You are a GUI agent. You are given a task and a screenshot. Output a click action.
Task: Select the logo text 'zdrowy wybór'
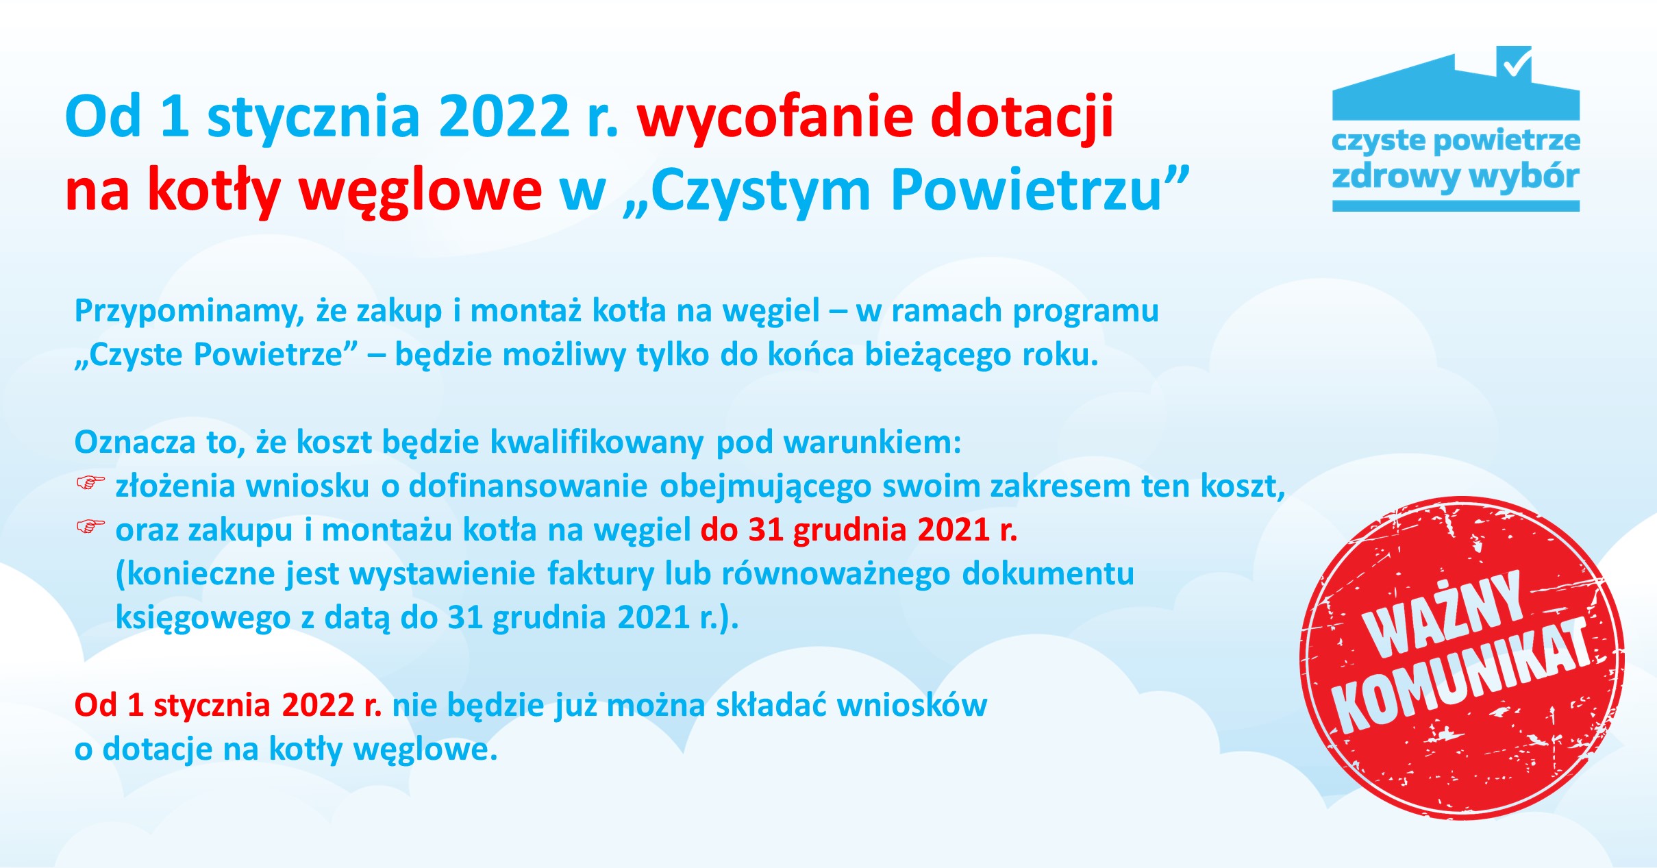[1456, 177]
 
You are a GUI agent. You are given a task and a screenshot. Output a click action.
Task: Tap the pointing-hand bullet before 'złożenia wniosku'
[90, 484]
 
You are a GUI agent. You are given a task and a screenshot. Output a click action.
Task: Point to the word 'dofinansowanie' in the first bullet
[527, 486]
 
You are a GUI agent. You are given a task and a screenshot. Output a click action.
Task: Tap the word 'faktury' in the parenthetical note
[600, 574]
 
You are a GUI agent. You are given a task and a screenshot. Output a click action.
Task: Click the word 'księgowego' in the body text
[203, 618]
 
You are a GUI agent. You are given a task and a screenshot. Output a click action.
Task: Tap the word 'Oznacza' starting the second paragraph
[134, 443]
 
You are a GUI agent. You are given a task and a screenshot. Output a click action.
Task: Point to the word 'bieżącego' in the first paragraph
[938, 355]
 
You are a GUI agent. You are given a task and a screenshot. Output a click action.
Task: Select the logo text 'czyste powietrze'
[1456, 141]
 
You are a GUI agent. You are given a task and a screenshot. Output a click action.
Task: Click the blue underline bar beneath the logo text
[1456, 206]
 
